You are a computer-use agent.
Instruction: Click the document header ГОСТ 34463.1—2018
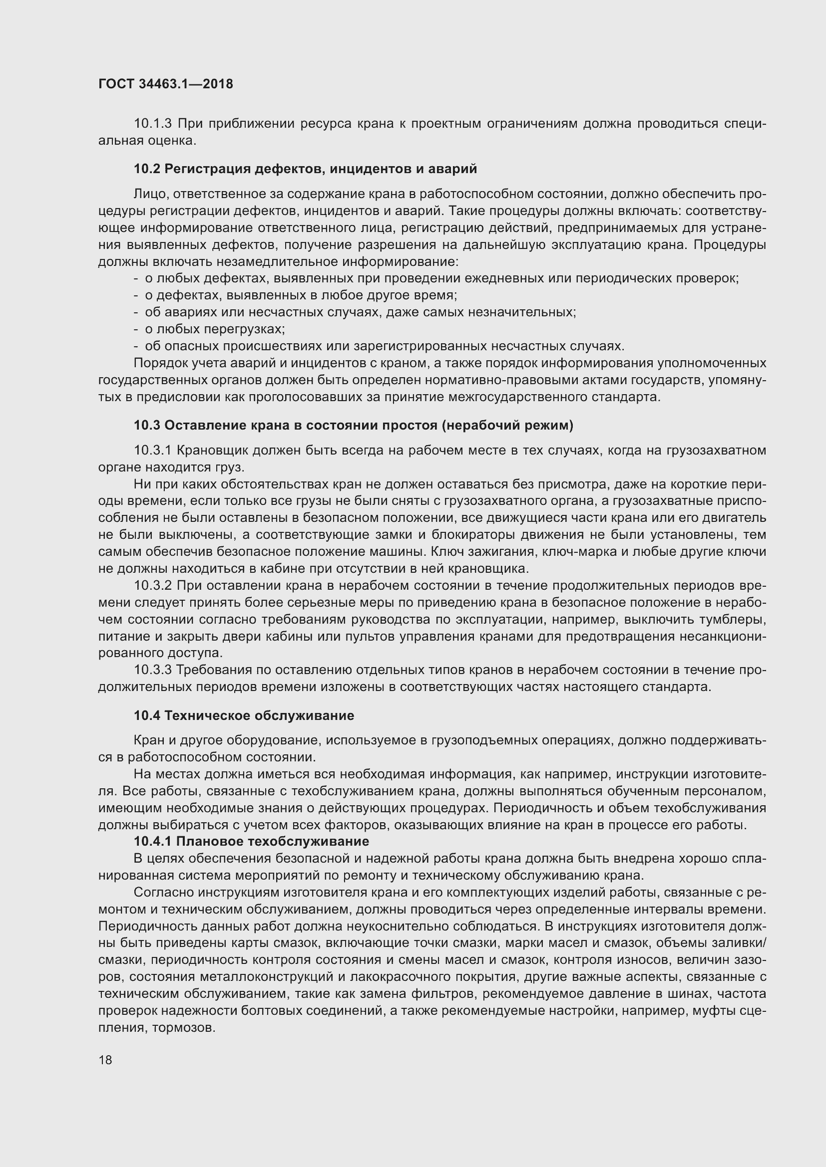(165, 84)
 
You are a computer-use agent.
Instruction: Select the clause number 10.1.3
(153, 124)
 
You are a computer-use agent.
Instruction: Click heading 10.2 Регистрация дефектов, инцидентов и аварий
(305, 169)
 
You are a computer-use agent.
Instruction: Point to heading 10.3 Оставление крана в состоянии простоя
(353, 425)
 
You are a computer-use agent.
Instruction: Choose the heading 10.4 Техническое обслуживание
(244, 715)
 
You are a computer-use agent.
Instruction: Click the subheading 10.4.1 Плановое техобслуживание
(251, 841)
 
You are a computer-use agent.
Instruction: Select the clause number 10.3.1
(153, 451)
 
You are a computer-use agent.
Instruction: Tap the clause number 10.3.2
(153, 586)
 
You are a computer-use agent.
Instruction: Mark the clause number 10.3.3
(153, 670)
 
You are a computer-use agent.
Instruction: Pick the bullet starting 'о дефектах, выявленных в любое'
(301, 295)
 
